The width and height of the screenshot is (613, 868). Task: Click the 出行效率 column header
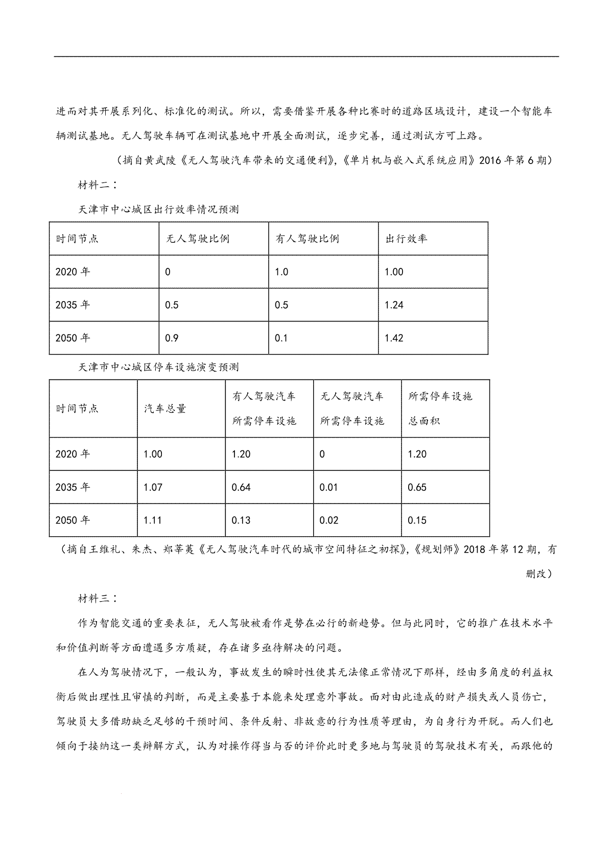click(406, 239)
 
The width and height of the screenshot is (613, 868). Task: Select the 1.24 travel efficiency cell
click(394, 305)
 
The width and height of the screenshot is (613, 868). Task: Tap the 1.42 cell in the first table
click(394, 338)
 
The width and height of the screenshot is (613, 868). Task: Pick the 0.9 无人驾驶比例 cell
click(172, 338)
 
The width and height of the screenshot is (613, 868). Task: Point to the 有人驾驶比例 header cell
click(307, 239)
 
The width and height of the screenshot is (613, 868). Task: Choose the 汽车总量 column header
click(165, 408)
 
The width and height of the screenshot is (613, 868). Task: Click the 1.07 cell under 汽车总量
click(153, 487)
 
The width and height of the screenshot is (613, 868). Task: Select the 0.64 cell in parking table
click(241, 487)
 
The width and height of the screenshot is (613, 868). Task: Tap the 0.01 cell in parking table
click(328, 487)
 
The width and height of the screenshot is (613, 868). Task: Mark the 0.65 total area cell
click(417, 487)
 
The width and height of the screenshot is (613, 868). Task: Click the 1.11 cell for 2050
click(153, 520)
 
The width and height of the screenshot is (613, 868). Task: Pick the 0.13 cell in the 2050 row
click(241, 520)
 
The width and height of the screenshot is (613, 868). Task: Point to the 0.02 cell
click(329, 520)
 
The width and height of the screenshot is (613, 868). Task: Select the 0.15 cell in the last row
click(417, 520)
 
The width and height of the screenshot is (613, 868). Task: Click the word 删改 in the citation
click(535, 574)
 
